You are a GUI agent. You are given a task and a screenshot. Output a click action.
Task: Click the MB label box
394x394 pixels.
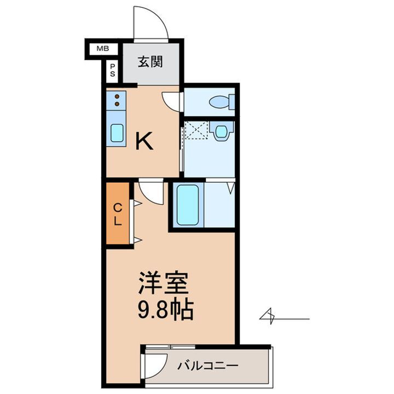coord(102,49)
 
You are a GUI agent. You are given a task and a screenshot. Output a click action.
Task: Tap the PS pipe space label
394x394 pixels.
coord(113,70)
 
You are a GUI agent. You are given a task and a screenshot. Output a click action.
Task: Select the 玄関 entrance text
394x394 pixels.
coord(150,62)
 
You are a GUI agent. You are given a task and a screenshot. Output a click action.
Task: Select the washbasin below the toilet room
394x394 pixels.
coord(222,131)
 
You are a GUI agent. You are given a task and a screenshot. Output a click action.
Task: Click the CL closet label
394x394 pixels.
coord(118,215)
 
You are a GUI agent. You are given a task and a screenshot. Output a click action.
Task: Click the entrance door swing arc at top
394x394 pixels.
coord(151,25)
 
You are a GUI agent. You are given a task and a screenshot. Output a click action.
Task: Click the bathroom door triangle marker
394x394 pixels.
coord(230,188)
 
